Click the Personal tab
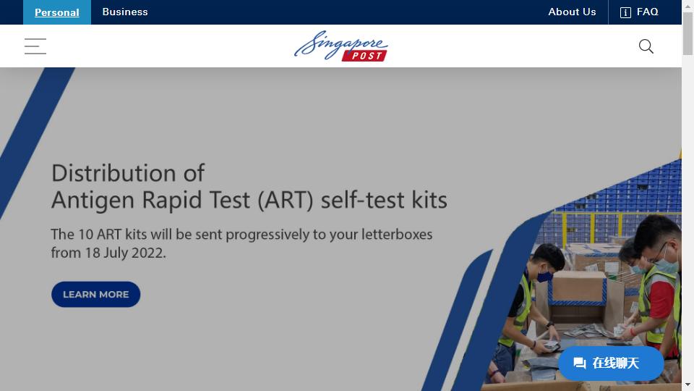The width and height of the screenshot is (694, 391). coord(56,12)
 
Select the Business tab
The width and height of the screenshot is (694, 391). coord(125,12)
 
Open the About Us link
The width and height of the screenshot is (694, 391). coord(572,12)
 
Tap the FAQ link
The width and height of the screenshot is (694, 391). coord(647,12)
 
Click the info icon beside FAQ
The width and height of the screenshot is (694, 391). coord(625,12)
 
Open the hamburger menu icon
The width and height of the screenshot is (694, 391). coord(35,46)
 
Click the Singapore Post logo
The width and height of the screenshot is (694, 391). coord(340,46)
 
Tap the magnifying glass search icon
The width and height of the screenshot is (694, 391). coord(646,46)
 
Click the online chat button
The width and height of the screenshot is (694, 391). coord(611,363)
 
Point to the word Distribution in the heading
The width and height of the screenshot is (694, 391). coord(113,173)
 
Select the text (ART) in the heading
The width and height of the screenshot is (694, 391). coord(286,200)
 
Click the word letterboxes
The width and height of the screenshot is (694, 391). coord(397,234)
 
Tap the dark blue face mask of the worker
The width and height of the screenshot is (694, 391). coord(544,276)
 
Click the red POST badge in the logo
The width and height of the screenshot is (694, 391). coord(364,56)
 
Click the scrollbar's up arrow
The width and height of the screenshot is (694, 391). coord(687,7)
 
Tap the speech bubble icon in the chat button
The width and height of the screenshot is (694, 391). coord(579,363)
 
